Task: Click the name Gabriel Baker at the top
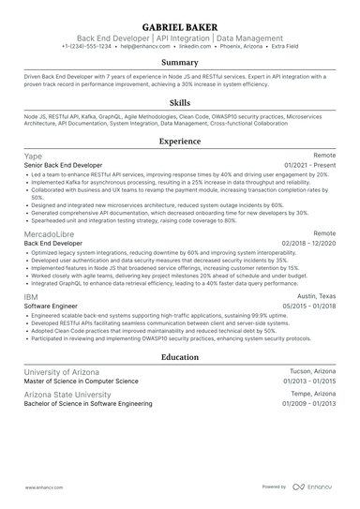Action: pos(179,24)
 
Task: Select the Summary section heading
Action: pos(179,62)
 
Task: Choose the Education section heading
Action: pos(179,356)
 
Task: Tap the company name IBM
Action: pos(31,296)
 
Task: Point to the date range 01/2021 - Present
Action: pos(310,165)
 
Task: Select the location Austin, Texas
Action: pos(315,296)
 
